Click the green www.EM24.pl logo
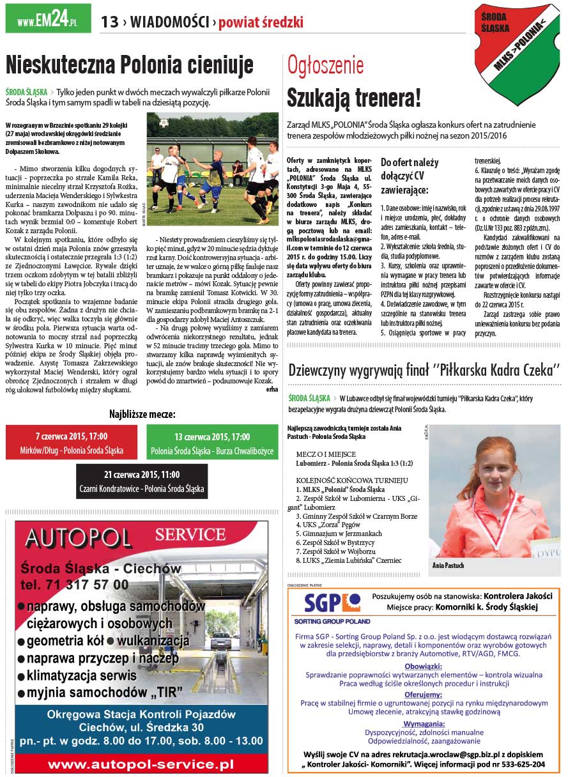point(48,19)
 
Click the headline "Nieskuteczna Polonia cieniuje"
point(130,65)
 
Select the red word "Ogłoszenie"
point(325,65)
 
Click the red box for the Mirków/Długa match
point(71,443)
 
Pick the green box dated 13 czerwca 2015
point(212,443)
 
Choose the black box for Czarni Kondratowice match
point(142,481)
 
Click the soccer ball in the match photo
point(164,123)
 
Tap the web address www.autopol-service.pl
point(141,764)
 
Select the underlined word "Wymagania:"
point(424,723)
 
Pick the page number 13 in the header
point(109,22)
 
